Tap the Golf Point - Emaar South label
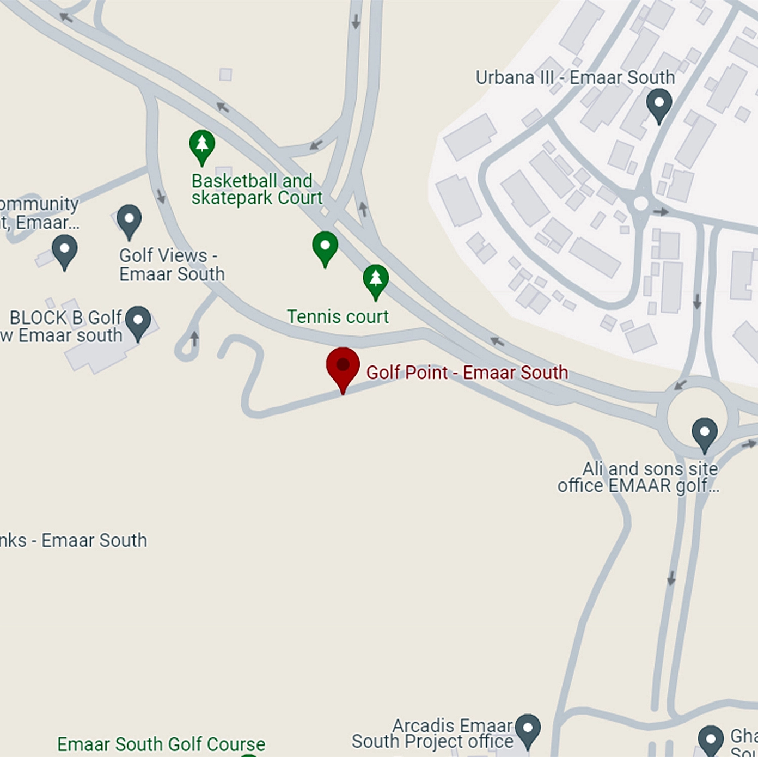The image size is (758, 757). coord(467,373)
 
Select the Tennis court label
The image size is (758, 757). coord(338,316)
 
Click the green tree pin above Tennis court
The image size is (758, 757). coord(376,279)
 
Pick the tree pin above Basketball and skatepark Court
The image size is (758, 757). coord(202,145)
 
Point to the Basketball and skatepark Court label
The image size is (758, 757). coord(256,189)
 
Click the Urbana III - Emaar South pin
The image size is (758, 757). coord(659,103)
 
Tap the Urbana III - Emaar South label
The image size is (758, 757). coord(575,77)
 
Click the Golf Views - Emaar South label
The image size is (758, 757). coord(171,265)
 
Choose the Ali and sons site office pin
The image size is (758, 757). coord(705,433)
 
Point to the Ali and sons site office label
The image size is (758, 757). coord(638,477)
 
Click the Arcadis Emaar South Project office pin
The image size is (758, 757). coord(528,729)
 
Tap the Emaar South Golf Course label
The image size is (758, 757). coord(161,744)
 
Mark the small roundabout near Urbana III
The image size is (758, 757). coord(641,204)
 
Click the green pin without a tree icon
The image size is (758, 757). coord(325,247)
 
